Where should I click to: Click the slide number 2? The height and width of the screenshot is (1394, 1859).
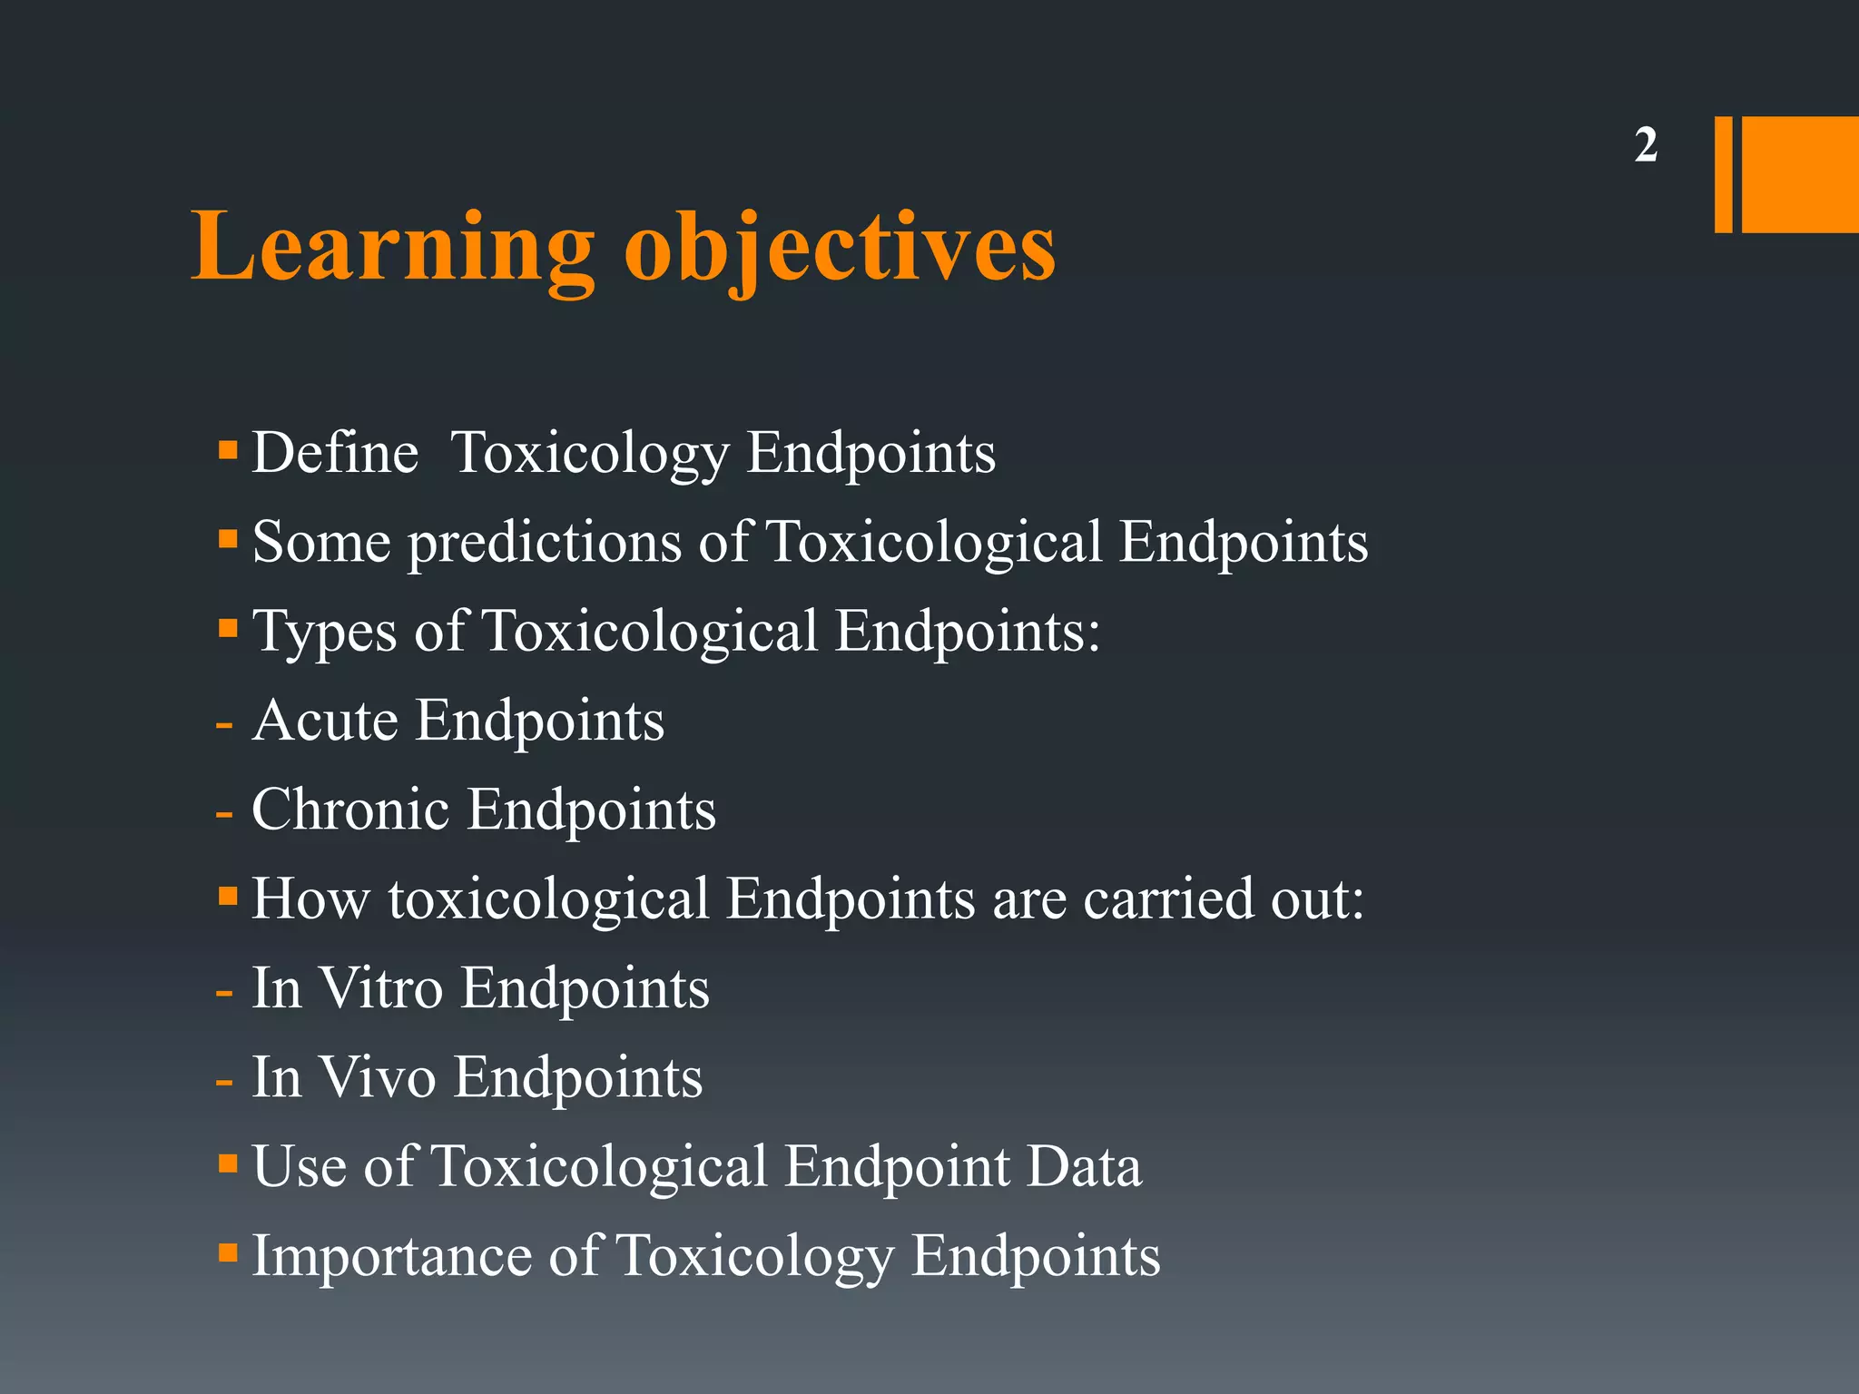click(1646, 145)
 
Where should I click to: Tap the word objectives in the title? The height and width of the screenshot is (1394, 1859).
click(840, 248)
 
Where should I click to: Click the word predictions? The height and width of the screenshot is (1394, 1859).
click(544, 543)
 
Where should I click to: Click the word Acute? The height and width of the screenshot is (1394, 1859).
click(325, 721)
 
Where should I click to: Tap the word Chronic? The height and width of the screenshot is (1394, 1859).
click(349, 810)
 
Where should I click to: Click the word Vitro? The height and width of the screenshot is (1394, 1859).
click(381, 988)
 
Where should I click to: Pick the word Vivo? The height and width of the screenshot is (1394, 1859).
click(378, 1077)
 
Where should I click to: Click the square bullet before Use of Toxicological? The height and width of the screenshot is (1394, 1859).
click(228, 1163)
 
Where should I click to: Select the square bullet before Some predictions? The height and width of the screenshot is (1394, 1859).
click(228, 540)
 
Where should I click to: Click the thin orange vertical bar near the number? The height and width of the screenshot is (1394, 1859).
click(1723, 174)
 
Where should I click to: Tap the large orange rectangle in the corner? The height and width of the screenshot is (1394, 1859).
click(1800, 174)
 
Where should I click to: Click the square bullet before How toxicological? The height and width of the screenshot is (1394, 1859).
click(228, 897)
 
